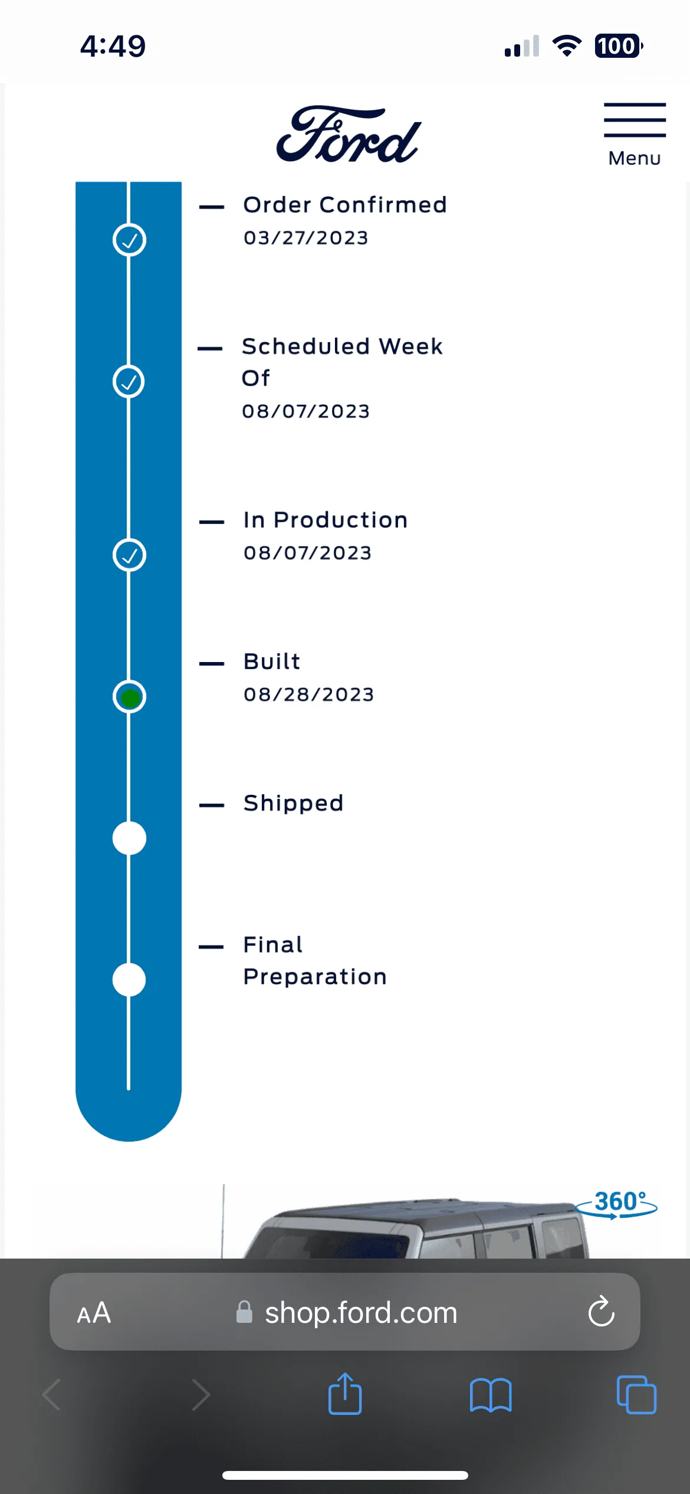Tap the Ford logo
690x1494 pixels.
(348, 134)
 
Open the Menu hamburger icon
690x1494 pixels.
(635, 120)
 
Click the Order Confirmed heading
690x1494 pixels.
(345, 205)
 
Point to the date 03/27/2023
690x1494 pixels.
(305, 238)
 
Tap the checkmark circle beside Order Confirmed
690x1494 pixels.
(129, 240)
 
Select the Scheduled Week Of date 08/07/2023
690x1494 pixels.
(305, 411)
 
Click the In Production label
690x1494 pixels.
(326, 520)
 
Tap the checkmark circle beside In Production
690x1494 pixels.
(129, 555)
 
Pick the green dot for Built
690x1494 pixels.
(130, 697)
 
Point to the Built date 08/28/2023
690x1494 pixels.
(308, 694)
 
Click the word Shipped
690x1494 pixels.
(293, 803)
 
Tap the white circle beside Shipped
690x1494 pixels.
(129, 838)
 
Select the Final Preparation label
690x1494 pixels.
(315, 961)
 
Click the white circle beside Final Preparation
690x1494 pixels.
(129, 980)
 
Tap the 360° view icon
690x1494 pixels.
(617, 1204)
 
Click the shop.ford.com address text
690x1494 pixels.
(361, 1313)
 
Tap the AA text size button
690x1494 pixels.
(94, 1313)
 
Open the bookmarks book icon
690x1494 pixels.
(491, 1395)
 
